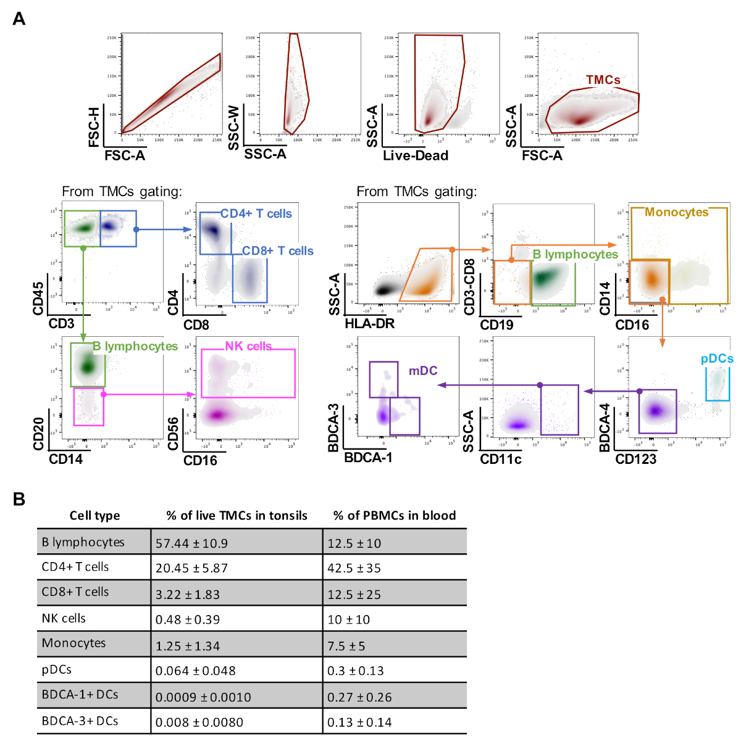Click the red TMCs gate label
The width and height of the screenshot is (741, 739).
603,80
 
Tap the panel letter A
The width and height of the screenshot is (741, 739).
19,19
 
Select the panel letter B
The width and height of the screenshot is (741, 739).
19,499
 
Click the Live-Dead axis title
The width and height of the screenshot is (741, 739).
416,155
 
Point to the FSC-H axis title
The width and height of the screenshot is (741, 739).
94,127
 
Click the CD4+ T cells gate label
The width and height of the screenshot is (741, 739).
256,213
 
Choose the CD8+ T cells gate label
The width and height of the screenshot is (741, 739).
278,251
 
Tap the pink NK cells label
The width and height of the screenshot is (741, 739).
248,346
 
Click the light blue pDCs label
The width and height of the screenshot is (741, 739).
717,358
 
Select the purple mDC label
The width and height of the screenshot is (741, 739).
423,371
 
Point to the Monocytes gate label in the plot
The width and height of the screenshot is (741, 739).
677,212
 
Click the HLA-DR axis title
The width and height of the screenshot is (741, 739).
369,324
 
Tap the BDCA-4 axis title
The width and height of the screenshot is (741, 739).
605,427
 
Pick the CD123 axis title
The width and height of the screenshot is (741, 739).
635,459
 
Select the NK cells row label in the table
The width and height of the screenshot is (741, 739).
64,618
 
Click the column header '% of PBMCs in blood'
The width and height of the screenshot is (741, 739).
395,516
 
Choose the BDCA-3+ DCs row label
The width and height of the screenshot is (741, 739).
80,720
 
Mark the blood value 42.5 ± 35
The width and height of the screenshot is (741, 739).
354,568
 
